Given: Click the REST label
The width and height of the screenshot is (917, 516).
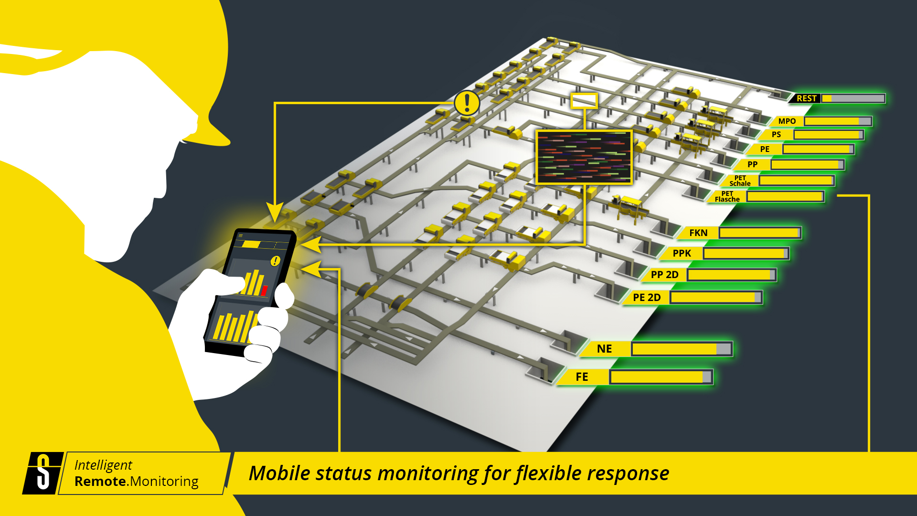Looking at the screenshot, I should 806,98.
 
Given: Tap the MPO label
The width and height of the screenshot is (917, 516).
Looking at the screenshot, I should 787,121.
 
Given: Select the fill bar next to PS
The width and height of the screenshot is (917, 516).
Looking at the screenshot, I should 828,135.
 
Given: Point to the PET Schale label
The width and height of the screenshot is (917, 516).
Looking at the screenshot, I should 740,181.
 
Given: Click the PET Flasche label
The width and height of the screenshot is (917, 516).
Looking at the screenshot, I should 727,196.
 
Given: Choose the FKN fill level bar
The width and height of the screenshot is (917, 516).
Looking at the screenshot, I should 759,233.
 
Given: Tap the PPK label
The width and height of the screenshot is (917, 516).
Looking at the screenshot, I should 682,253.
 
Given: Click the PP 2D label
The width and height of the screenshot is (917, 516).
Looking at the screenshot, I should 664,275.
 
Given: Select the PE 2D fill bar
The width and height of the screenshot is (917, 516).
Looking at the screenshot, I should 715,297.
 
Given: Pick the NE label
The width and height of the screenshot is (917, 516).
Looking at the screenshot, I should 604,349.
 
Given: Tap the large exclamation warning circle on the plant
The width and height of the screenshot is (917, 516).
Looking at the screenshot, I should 467,103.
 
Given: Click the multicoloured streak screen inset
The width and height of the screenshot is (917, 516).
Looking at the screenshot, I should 584,157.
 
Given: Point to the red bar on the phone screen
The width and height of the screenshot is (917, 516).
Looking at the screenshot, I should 264,290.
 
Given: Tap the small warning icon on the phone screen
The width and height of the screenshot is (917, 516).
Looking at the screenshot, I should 275,261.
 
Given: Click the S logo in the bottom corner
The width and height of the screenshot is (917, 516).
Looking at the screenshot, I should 43,473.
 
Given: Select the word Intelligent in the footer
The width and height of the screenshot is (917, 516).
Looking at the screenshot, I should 103,465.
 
